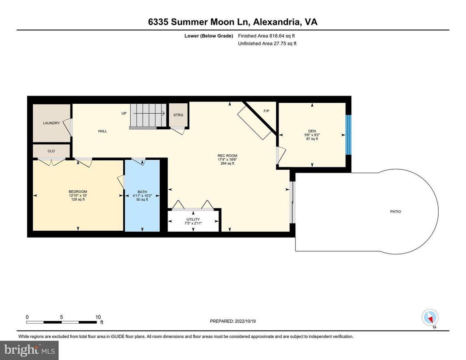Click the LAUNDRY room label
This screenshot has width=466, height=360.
pyautogui.click(x=51, y=123)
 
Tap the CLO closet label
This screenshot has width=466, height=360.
pyautogui.click(x=51, y=151)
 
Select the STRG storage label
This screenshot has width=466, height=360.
pyautogui.click(x=178, y=115)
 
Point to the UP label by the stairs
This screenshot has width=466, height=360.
pyautogui.click(x=124, y=113)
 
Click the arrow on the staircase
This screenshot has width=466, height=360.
pyautogui.click(x=149, y=113)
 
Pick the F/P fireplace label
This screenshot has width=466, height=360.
pyautogui.click(x=266, y=111)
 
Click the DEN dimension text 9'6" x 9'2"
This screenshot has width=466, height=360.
pyautogui.click(x=312, y=135)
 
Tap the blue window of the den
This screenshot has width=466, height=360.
pyautogui.click(x=349, y=135)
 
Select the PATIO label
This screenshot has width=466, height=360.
pyautogui.click(x=395, y=212)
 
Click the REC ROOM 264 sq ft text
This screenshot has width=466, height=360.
pyautogui.click(x=228, y=163)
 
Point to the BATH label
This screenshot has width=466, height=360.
pyautogui.click(x=142, y=192)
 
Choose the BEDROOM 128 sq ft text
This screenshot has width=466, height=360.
pyautogui.click(x=77, y=199)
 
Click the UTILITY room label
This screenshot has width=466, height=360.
pyautogui.click(x=193, y=219)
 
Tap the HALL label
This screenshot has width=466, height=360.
pyautogui.click(x=102, y=131)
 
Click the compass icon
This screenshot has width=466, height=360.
pyautogui.click(x=430, y=318)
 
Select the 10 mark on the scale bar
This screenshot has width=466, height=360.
pyautogui.click(x=98, y=317)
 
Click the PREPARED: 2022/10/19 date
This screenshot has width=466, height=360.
pyautogui.click(x=233, y=321)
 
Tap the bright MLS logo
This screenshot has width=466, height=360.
pyautogui.click(x=30, y=350)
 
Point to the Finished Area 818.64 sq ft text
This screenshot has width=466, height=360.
pyautogui.click(x=266, y=36)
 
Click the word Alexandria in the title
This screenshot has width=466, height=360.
pyautogui.click(x=277, y=22)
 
